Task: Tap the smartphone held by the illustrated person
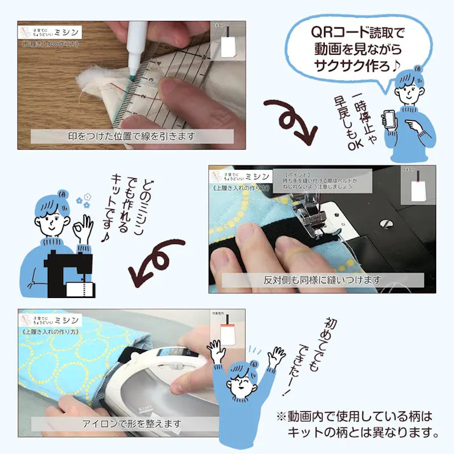388,119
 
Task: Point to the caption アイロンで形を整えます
131,423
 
